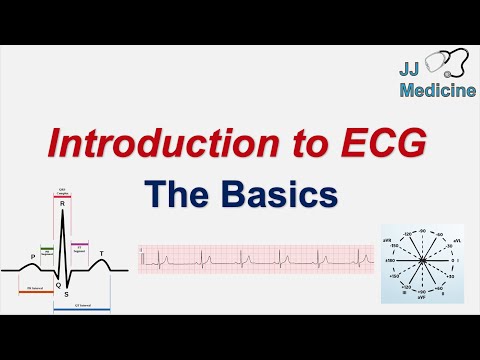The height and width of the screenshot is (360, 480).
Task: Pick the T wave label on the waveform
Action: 99,252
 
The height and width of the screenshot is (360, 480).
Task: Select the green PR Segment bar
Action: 46,246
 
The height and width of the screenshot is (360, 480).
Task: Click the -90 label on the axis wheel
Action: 424,231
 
